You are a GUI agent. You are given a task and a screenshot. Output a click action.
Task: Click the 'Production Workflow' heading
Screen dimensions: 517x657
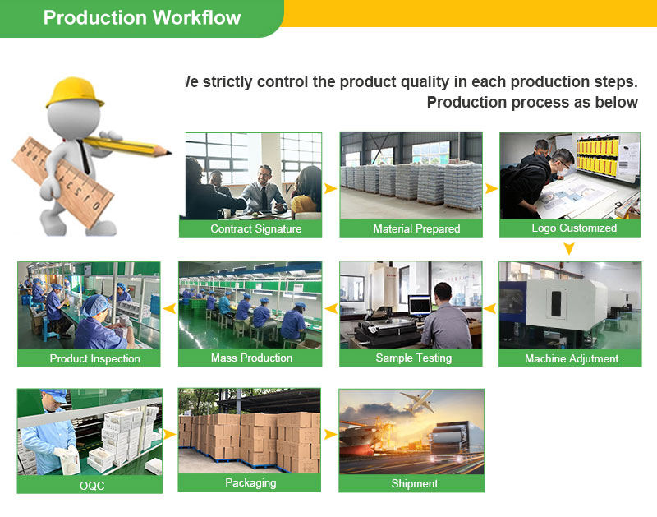(x=142, y=18)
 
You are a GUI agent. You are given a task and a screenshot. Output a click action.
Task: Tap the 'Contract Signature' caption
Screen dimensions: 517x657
(x=255, y=228)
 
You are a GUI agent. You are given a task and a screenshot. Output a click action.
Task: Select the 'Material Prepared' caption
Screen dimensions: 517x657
(x=416, y=228)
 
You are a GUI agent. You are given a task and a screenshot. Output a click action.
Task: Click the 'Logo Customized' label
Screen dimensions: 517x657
(x=573, y=228)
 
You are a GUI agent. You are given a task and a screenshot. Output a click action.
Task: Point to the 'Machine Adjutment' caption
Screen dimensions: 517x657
(x=572, y=358)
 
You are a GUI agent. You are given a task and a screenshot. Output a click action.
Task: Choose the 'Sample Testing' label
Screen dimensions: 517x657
(x=413, y=358)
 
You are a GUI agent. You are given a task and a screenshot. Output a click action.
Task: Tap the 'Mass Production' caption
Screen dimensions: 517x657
(x=251, y=358)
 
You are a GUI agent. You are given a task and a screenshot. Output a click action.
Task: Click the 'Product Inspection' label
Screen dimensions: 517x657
(x=94, y=358)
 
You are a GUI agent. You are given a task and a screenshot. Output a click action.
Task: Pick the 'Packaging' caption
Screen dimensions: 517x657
(x=250, y=482)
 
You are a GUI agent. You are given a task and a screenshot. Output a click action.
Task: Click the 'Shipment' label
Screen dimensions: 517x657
(x=414, y=483)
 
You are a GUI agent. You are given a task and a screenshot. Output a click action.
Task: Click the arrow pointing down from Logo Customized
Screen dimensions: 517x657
(x=569, y=248)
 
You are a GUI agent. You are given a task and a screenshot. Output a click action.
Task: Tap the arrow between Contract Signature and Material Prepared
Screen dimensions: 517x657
(x=330, y=188)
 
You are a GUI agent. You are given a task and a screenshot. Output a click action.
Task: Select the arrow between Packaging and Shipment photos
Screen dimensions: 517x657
(x=330, y=434)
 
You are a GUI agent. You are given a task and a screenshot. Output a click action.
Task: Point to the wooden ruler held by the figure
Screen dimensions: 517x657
(x=62, y=182)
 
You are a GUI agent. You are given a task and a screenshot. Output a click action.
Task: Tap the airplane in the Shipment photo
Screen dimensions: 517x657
(x=417, y=401)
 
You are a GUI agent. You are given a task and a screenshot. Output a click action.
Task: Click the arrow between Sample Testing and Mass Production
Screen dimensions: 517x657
(x=331, y=309)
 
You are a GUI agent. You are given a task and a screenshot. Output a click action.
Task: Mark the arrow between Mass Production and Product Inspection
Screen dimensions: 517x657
(x=169, y=309)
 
